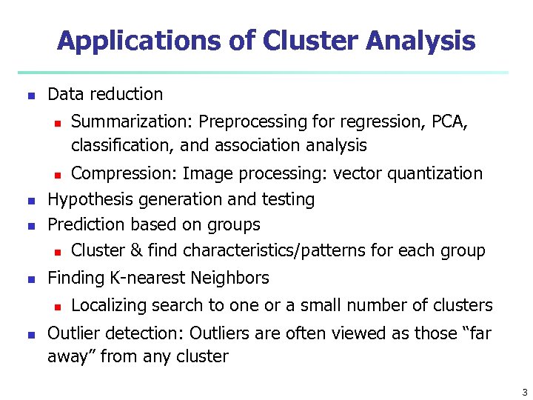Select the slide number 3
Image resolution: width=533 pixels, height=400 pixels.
pos(524,392)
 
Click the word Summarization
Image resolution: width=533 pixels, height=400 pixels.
pos(132,121)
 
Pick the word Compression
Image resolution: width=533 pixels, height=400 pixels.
pos(123,173)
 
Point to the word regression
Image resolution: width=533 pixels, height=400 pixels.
pos(376,121)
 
